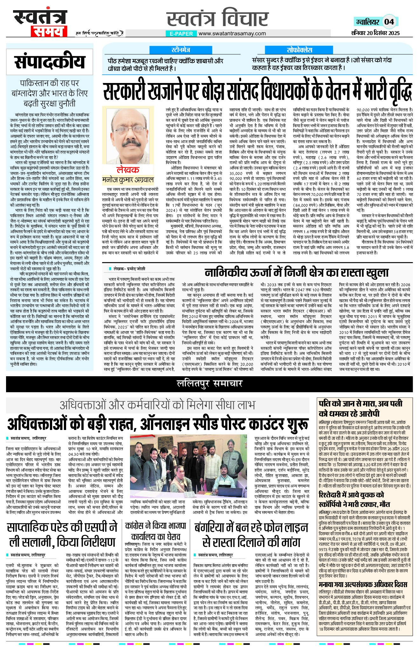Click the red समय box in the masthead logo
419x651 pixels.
(49, 31)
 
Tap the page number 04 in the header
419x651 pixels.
(389, 22)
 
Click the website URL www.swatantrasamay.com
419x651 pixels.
(232, 33)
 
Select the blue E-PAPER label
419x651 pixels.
(181, 33)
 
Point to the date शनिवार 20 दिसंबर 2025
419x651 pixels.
(375, 33)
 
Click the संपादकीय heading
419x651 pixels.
(50, 62)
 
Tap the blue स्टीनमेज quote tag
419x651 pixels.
(181, 50)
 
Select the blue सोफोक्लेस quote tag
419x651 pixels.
(299, 50)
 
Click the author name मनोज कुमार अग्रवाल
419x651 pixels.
(128, 180)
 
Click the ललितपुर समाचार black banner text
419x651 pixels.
(209, 384)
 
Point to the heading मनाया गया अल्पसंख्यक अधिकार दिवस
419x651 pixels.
(362, 585)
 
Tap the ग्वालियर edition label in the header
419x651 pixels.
(367, 22)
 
